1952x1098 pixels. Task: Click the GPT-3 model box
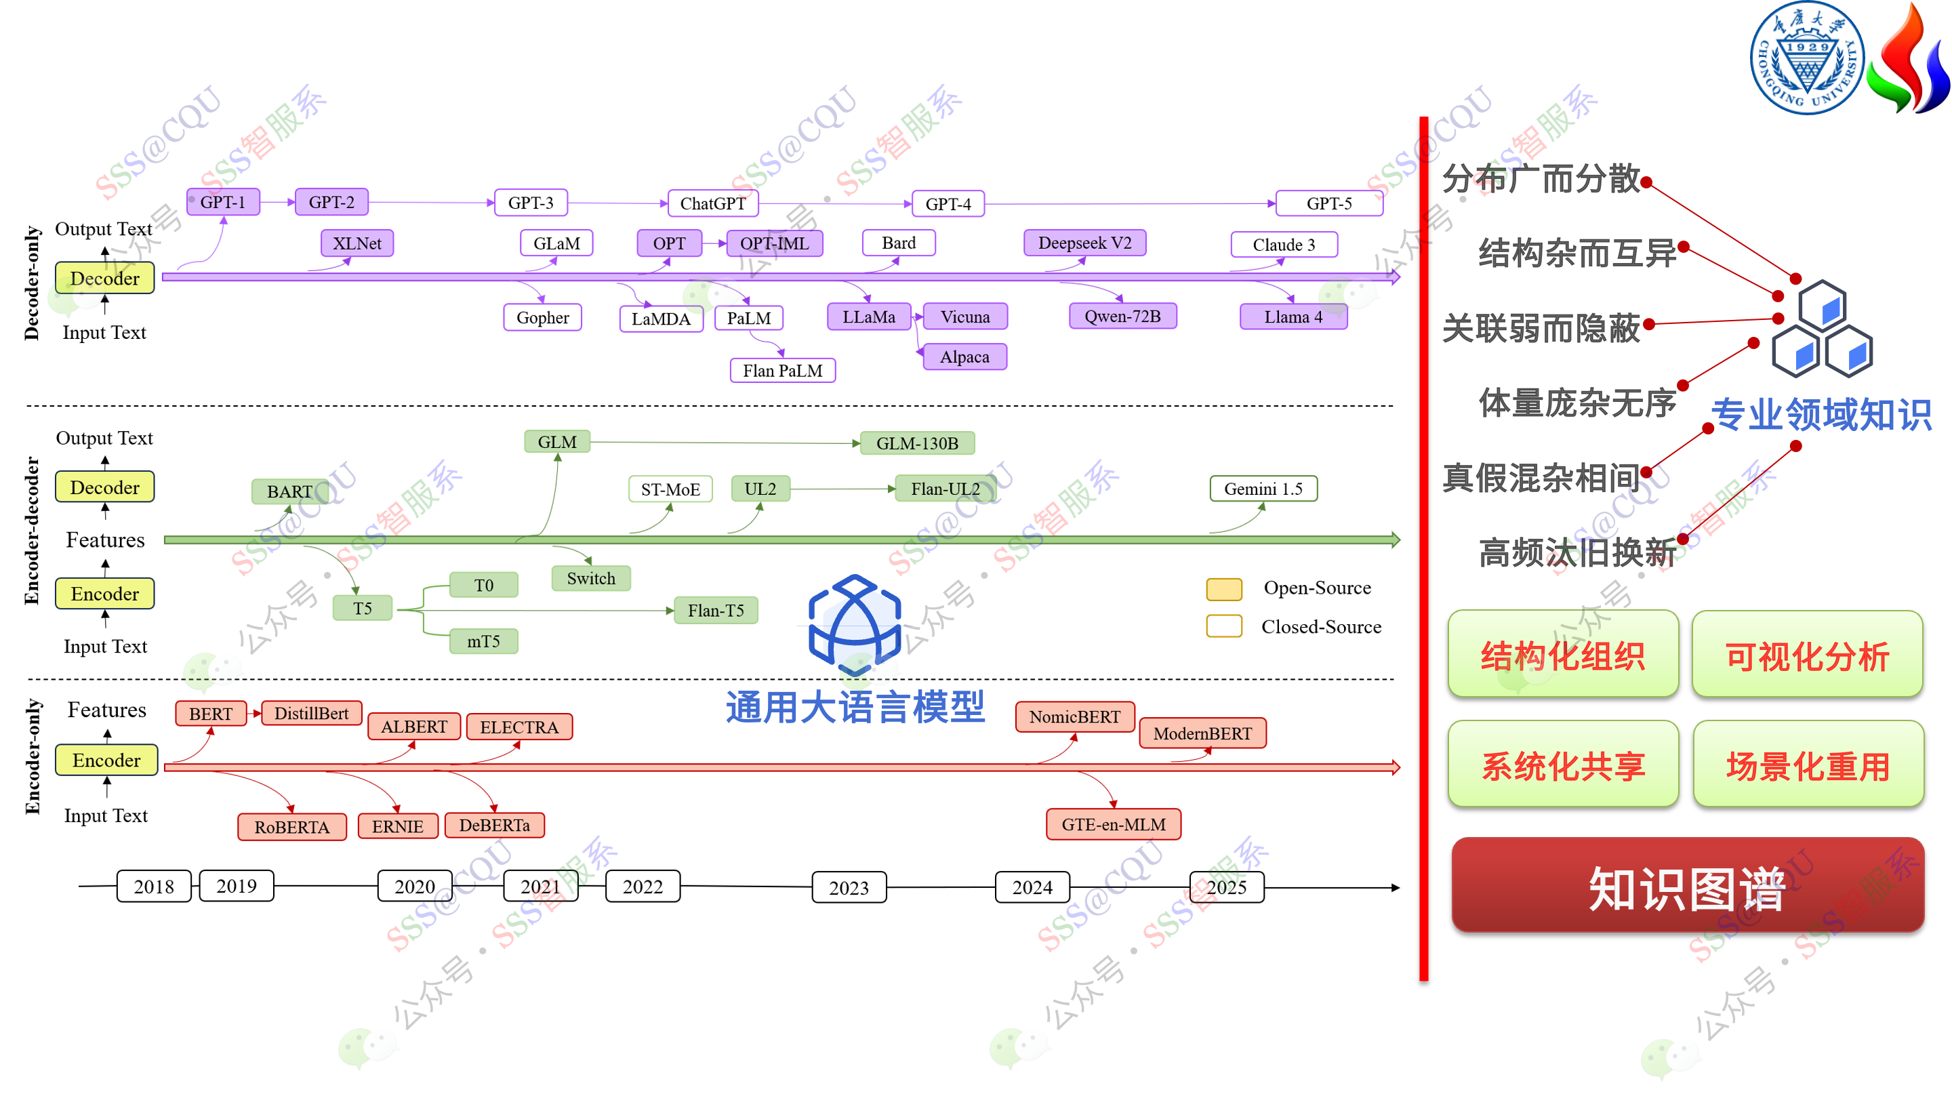(531, 203)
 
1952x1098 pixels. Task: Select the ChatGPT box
(712, 203)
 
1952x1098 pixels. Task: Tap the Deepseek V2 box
(1084, 243)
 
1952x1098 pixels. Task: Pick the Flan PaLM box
(782, 371)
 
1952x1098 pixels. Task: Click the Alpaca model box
(964, 357)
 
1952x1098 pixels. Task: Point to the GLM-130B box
(917, 443)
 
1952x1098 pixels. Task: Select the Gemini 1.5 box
(1263, 489)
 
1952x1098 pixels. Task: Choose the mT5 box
(483, 641)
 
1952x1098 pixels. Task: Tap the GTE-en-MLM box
(1113, 824)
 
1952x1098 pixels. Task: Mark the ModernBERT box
(1202, 733)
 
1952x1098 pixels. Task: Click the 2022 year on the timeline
(643, 887)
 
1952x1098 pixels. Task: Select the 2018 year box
(154, 887)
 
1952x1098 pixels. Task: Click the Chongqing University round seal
(1807, 58)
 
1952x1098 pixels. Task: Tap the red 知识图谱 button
(1688, 886)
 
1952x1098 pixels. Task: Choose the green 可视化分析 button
(1807, 655)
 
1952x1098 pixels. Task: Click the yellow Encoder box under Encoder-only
(106, 760)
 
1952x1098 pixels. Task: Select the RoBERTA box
(291, 827)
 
